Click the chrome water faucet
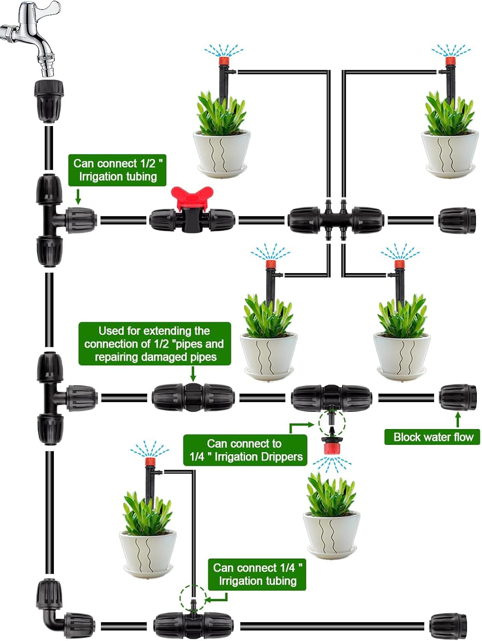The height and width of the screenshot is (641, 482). [x=32, y=30]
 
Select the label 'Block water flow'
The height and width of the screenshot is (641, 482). [x=432, y=437]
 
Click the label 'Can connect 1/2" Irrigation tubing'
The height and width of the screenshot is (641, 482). [x=117, y=170]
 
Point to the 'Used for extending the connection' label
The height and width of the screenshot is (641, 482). [x=154, y=344]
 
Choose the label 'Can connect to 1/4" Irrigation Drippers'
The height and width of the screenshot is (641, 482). [x=245, y=450]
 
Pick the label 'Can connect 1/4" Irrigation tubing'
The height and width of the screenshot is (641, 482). [x=257, y=574]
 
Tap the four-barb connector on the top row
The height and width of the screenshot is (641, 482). [x=336, y=220]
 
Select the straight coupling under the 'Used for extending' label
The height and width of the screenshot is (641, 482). [x=193, y=398]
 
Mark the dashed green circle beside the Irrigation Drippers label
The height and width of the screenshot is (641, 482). [x=332, y=423]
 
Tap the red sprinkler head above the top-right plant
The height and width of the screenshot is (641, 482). [x=449, y=61]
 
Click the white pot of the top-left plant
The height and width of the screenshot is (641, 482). [x=221, y=152]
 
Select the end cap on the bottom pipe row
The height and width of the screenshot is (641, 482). [x=448, y=626]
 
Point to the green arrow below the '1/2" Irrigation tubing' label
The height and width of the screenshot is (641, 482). [x=78, y=197]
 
